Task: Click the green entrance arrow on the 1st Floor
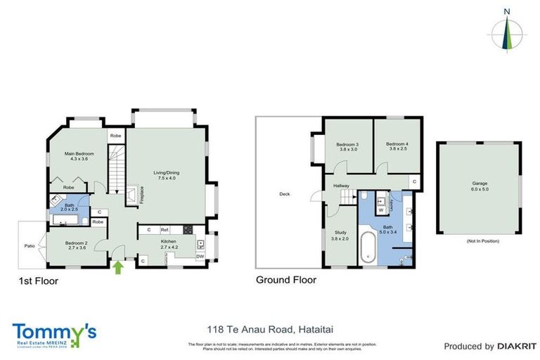coord(118,267)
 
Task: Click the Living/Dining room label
coord(168,174)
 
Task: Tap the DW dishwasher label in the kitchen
coord(201,257)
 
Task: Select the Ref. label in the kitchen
coord(165,229)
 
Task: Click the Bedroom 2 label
coord(76,245)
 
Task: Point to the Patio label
coord(30,246)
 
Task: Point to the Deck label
coord(284,195)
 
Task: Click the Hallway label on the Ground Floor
coord(342,186)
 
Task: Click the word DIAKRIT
coord(517,346)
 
